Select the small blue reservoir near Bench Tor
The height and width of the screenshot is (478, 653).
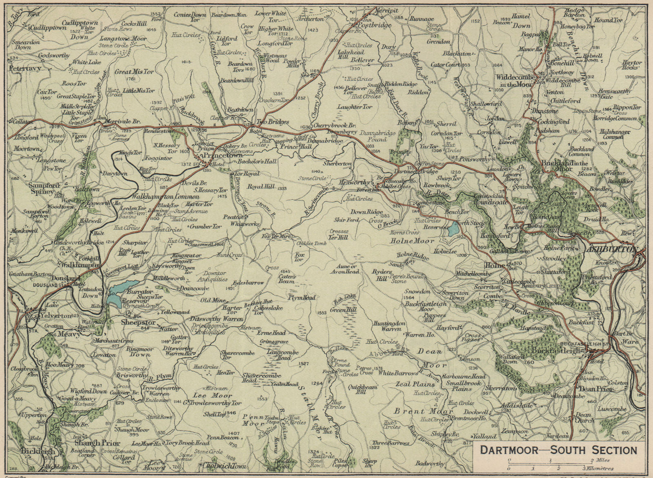click(452, 230)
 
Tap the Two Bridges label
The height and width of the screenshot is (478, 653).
click(272, 122)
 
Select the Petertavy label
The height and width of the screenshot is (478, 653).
click(27, 69)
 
